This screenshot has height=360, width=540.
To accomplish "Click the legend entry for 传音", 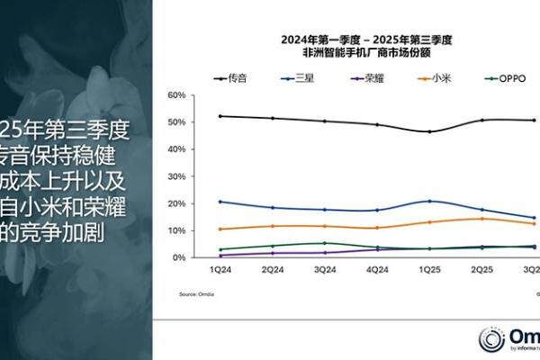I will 238,79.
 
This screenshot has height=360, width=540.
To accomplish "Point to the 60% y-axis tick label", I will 176,94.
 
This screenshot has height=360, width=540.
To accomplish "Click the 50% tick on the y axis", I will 176,121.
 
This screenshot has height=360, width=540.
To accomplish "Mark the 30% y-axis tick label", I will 176,176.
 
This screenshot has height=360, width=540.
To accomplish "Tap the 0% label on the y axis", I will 179,257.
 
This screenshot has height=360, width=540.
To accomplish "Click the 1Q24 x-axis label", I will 220,268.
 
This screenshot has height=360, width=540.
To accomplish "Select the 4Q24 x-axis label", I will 377,268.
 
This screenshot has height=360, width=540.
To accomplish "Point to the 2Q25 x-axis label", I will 482,268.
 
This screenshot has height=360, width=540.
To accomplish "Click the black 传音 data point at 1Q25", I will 429,131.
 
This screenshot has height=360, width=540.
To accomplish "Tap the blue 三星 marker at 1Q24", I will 220,202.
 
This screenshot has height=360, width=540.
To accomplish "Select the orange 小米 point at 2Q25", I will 482,219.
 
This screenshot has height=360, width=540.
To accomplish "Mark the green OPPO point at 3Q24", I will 325,243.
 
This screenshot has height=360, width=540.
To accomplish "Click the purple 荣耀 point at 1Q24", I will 220,256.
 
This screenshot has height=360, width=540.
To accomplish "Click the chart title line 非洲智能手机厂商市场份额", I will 365,53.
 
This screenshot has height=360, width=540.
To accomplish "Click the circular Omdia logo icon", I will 491,339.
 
